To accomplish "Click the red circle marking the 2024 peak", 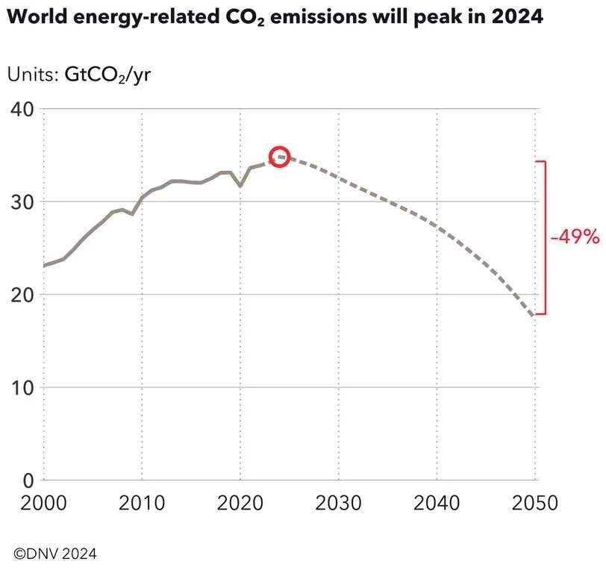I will tap(279, 157).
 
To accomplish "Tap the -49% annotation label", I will tap(575, 237).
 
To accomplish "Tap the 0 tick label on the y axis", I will tap(28, 480).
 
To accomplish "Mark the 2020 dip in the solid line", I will tap(240, 185).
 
